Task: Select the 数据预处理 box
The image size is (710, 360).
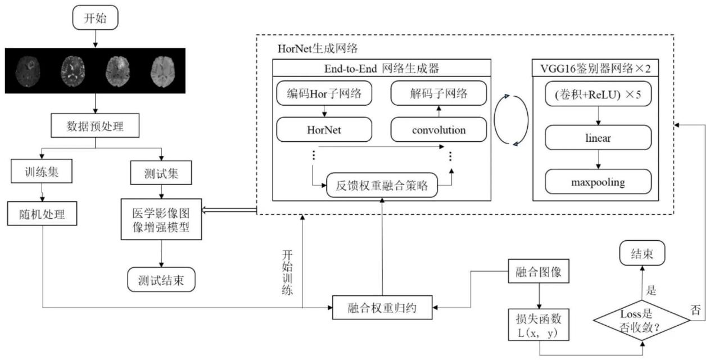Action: tap(95, 125)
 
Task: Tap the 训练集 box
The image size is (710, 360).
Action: tap(42, 172)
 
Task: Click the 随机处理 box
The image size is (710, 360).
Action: tap(42, 214)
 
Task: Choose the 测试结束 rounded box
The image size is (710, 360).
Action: tap(161, 279)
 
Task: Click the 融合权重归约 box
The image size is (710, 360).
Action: tap(382, 307)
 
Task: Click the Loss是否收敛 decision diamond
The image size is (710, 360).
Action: tap(643, 321)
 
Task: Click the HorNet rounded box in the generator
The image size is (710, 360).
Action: tap(323, 129)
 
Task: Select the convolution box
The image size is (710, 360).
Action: tap(438, 129)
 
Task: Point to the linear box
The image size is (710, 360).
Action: tap(598, 137)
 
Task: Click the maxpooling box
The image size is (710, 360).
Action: tap(598, 183)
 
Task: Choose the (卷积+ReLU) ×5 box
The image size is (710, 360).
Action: tap(598, 94)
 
